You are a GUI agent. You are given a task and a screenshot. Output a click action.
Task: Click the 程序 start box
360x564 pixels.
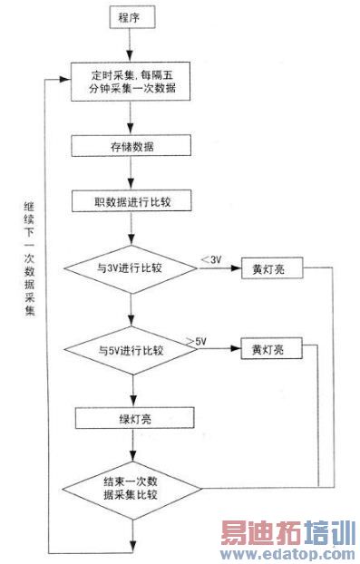click(134, 17)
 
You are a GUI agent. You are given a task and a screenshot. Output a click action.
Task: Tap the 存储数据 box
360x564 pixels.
click(133, 146)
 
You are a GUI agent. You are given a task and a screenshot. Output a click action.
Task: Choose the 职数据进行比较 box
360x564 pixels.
click(133, 201)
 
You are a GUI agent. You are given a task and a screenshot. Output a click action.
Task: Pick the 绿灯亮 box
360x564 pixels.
click(133, 418)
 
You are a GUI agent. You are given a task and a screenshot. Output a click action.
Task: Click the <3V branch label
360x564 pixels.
click(210, 260)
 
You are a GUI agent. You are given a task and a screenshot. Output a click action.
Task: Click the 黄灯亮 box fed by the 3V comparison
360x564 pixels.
click(270, 269)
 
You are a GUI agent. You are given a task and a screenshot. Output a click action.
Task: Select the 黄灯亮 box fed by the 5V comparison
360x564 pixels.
click(270, 350)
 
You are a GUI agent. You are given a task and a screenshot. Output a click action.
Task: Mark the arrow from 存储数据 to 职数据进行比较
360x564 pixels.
click(133, 173)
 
